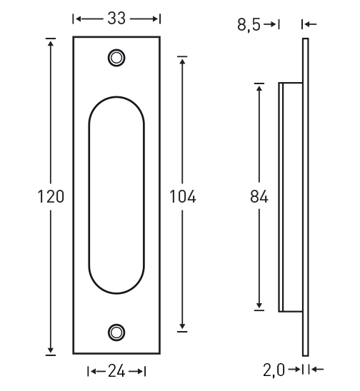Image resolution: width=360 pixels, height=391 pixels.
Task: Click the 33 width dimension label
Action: point(116,19)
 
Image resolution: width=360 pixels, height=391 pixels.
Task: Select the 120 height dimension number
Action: point(51,196)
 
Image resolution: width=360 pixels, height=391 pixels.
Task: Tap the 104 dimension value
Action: point(182,196)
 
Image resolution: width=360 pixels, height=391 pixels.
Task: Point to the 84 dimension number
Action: point(259,196)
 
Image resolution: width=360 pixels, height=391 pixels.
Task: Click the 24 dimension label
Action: point(116,372)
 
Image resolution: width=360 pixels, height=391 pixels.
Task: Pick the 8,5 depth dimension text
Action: point(249,25)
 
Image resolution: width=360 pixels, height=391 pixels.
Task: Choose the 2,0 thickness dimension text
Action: point(274,370)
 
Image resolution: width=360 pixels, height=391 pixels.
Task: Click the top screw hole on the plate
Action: point(116,58)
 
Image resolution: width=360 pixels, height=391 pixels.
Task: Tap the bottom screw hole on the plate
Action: point(116,332)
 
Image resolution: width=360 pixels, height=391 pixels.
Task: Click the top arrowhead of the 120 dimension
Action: point(51,43)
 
